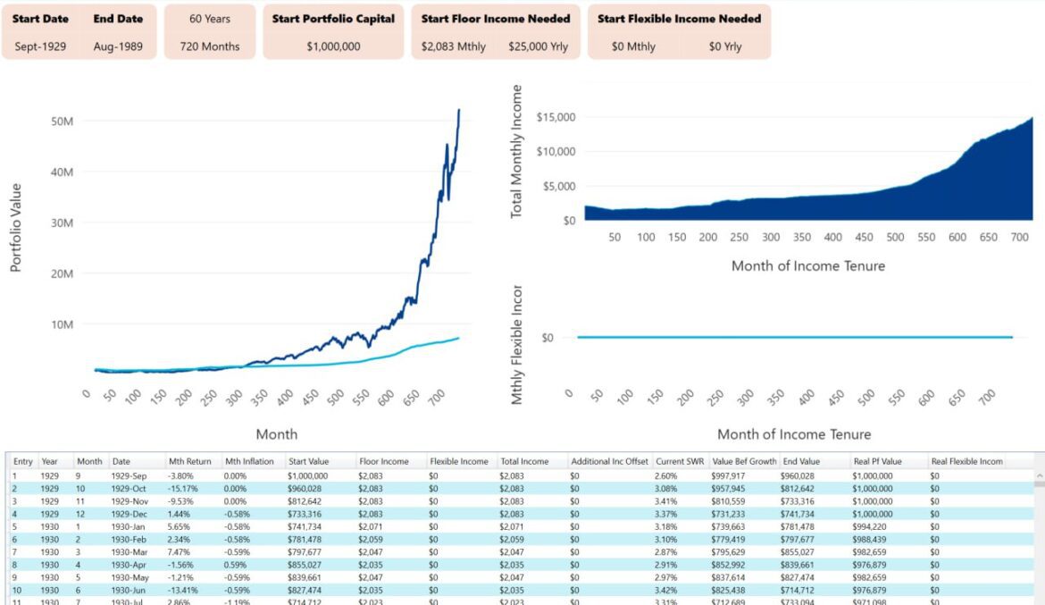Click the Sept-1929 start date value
(x=38, y=46)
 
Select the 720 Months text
(x=210, y=46)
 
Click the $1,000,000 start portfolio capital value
(x=333, y=46)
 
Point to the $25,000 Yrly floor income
(x=538, y=46)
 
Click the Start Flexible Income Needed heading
(x=679, y=18)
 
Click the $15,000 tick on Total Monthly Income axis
(x=555, y=117)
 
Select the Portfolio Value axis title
(x=16, y=228)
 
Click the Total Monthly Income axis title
(x=516, y=152)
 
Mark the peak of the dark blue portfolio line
(x=459, y=110)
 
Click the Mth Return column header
(x=189, y=461)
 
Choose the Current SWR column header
(x=678, y=461)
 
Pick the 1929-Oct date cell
(x=129, y=489)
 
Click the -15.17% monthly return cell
(x=182, y=489)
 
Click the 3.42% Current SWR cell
(x=666, y=590)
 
